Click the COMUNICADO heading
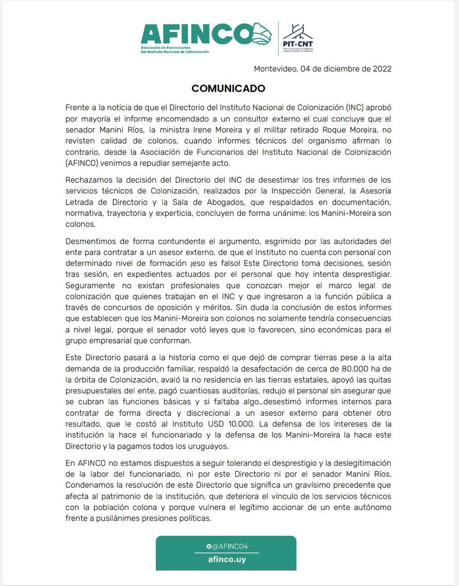point(228,88)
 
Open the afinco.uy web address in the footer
point(226,560)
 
